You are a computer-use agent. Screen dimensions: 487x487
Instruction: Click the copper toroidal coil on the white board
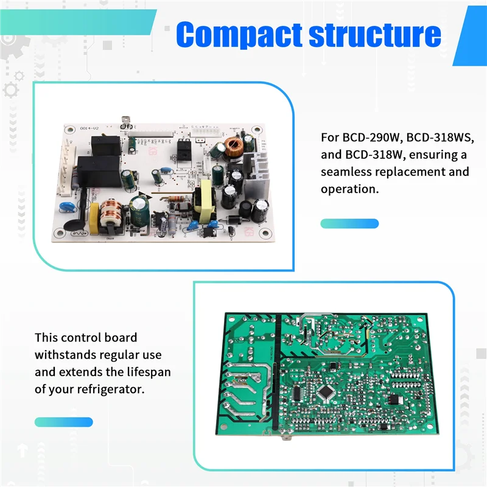tap(234, 146)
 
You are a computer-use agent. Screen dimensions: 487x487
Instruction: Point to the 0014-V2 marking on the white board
tap(89, 129)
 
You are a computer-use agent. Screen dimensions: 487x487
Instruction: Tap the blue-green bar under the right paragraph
tap(349, 223)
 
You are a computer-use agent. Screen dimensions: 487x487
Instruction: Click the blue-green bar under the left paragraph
tap(64, 422)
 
